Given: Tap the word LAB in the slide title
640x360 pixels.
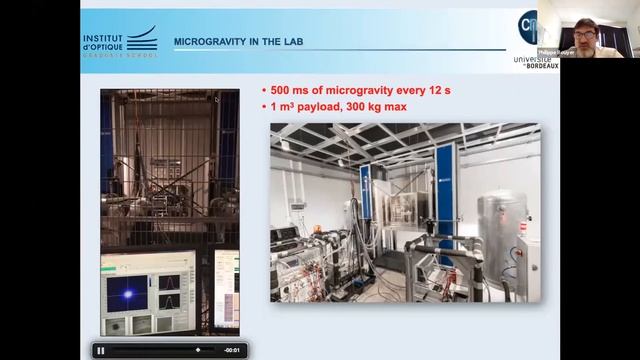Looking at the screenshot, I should [x=290, y=42].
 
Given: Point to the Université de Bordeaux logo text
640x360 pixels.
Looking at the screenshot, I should [x=536, y=63].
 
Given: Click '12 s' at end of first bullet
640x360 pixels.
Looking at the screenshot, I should [x=439, y=90].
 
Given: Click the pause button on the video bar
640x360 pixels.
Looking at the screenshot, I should [x=100, y=350].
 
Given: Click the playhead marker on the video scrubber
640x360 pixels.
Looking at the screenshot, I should [x=197, y=350].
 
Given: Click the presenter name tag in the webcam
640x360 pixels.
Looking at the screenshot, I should [x=552, y=51].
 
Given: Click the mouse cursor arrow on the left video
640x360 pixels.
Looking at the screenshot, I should [x=217, y=100].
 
